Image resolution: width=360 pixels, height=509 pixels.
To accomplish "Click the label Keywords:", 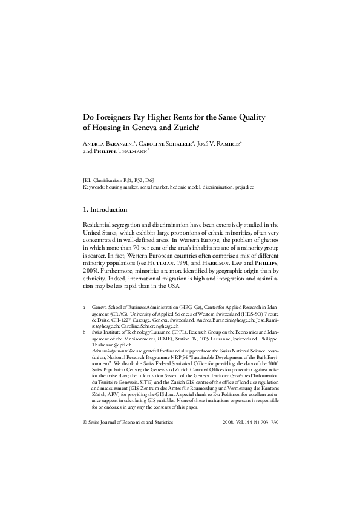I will coord(94,187).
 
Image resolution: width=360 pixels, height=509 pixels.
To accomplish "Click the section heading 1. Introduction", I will coord(105,210).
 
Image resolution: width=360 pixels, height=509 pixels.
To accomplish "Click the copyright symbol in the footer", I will coord(84,423).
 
